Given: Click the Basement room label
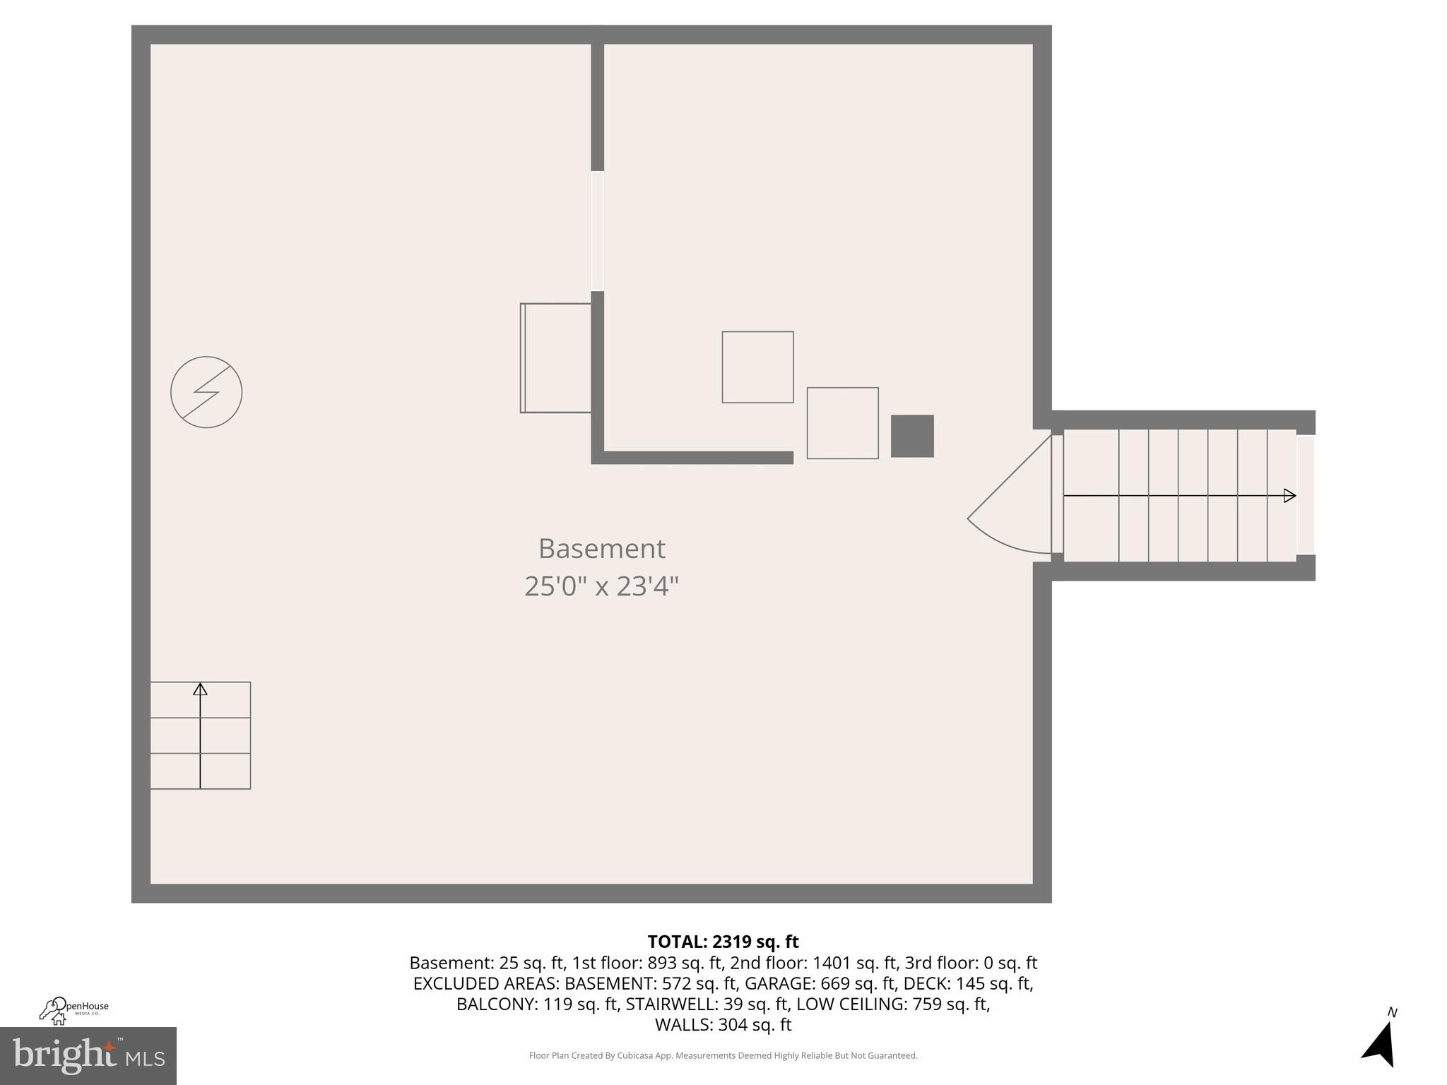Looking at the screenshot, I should (x=601, y=549).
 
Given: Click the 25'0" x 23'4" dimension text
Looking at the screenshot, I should (x=601, y=586).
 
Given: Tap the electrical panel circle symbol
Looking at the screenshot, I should (x=206, y=392).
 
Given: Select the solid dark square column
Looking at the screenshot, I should (x=912, y=436).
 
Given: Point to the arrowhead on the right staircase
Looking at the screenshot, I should (x=1289, y=496).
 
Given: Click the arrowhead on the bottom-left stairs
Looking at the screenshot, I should (x=201, y=689).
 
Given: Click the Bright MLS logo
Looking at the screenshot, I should (x=88, y=1055).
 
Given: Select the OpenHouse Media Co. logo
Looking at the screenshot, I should (x=73, y=1010).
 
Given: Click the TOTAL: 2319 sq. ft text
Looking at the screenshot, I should (x=723, y=942).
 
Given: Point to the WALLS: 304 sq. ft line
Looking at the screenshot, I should (x=723, y=1024).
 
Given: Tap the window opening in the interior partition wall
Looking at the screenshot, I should (x=598, y=231).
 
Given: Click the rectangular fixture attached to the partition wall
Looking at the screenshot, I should (x=556, y=358).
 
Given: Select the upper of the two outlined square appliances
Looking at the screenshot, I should (x=757, y=367).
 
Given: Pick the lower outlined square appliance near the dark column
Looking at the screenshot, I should (x=842, y=423).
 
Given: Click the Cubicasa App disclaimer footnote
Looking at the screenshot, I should (x=723, y=1055).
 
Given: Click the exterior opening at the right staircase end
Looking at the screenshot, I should (x=1306, y=494).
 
